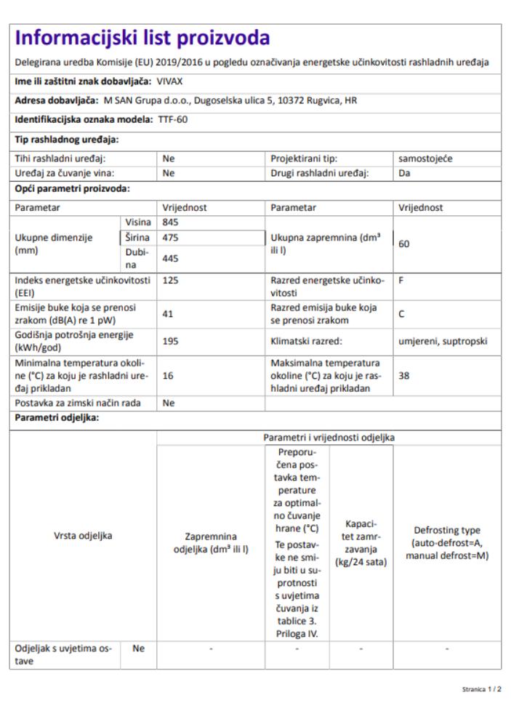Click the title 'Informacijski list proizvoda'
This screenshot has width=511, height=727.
tap(142, 38)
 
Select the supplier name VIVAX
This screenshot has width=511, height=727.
tap(170, 81)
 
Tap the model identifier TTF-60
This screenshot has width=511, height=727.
tap(172, 119)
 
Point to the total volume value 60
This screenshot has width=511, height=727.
tap(404, 244)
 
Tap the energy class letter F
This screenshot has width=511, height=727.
tap(401, 280)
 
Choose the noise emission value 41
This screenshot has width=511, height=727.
tap(169, 314)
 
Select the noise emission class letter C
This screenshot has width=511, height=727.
tap(402, 314)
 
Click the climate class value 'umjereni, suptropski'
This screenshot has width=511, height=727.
tap(443, 341)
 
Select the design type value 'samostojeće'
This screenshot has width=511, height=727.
tap(425, 158)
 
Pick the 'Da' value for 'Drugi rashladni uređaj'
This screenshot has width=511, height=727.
tap(404, 173)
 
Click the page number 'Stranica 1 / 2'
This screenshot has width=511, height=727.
tap(481, 687)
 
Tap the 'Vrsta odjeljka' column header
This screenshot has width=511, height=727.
tap(84, 536)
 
